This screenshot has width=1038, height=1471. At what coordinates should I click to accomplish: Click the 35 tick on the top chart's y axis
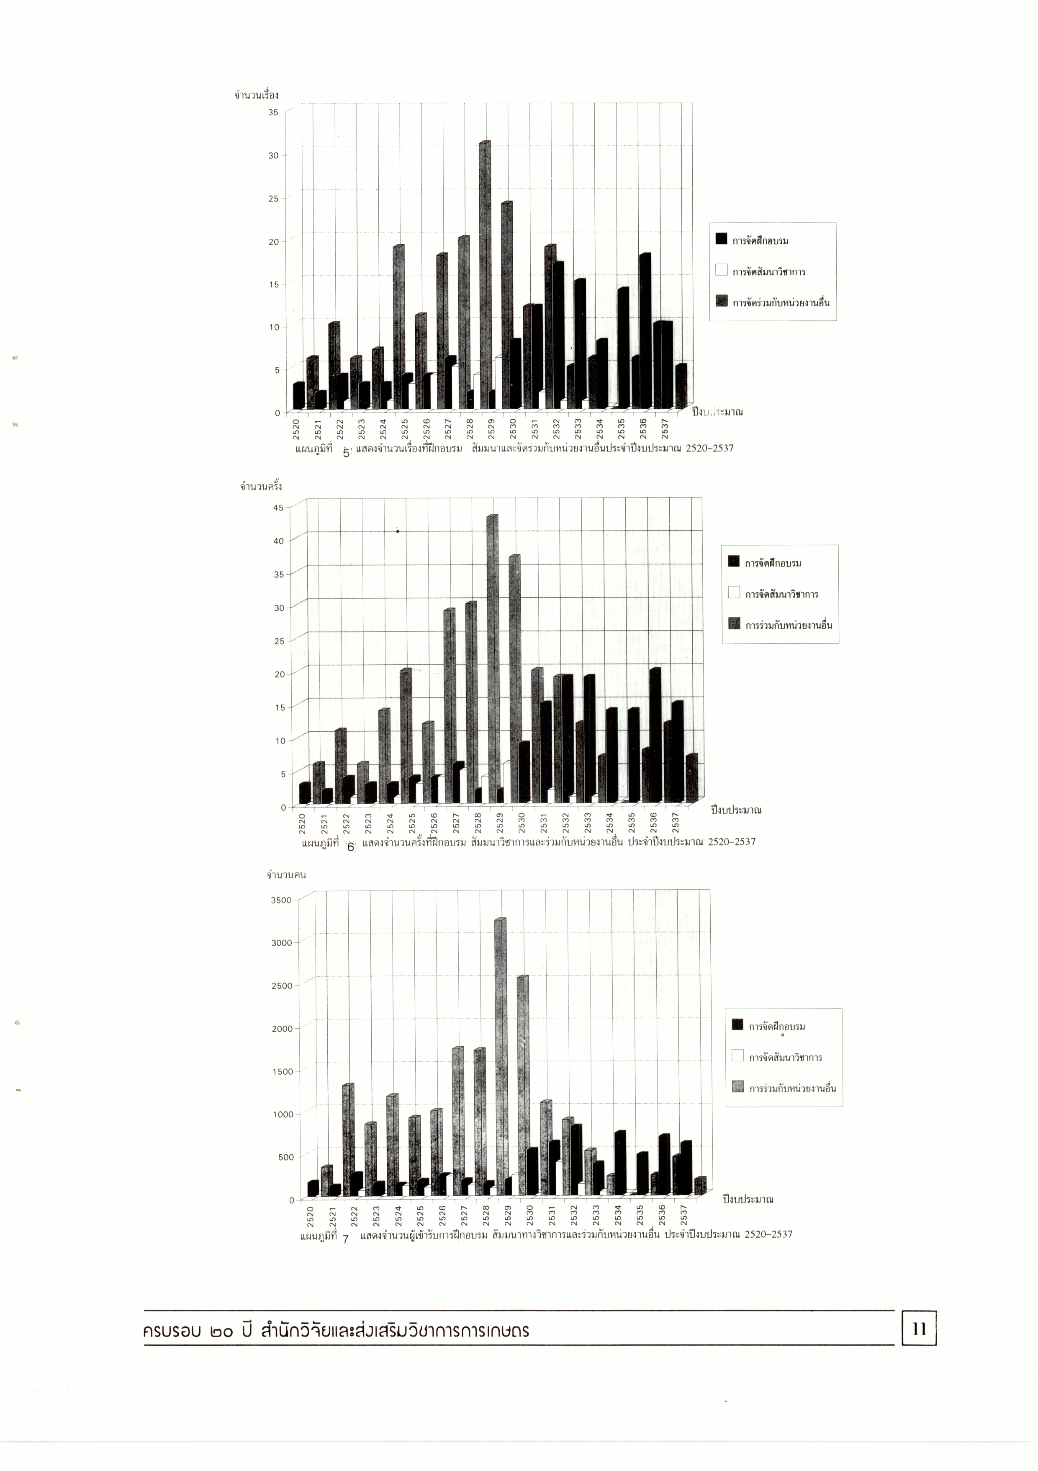coord(273,112)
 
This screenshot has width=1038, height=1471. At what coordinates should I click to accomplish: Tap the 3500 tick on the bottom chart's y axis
coord(282,900)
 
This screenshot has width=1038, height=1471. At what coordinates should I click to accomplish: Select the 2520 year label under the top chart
coord(296,428)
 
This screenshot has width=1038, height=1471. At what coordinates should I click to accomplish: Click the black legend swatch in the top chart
coord(722,240)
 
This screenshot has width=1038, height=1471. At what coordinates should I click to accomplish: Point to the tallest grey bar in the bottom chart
coord(500,1057)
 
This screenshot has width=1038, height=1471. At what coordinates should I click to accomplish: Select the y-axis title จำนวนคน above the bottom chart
coord(286,875)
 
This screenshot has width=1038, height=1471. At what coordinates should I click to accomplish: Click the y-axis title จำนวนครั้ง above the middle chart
coord(261,487)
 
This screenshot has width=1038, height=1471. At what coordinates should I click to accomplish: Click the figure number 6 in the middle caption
coord(350,847)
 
